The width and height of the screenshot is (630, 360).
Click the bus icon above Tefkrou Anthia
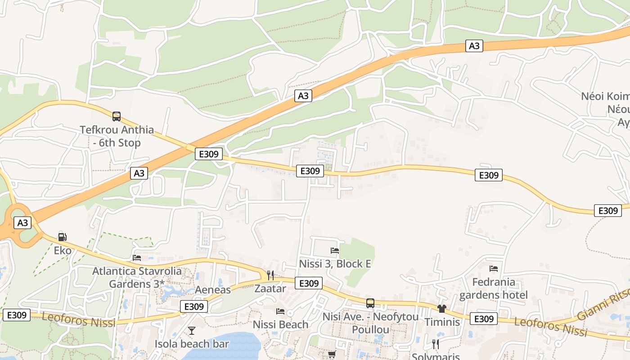click(x=117, y=117)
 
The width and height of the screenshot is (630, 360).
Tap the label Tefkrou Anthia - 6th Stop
click(x=117, y=136)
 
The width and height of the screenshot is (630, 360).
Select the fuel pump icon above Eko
click(x=63, y=237)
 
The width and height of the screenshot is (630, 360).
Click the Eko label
click(x=63, y=250)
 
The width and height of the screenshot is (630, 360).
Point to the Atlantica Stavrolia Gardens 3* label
click(x=137, y=278)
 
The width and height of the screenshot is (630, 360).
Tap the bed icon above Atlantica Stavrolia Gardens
click(x=137, y=258)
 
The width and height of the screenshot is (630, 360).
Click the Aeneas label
click(x=212, y=290)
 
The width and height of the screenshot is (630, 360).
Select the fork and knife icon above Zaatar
click(x=270, y=275)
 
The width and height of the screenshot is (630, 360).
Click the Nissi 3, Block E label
click(x=335, y=264)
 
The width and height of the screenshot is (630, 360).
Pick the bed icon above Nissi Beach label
click(x=280, y=311)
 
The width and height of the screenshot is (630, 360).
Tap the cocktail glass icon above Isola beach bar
click(x=192, y=331)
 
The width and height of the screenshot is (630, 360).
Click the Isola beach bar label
click(x=192, y=344)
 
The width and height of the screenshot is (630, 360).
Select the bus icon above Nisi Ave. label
click(x=370, y=303)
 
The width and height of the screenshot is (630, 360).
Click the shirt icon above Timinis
click(x=441, y=309)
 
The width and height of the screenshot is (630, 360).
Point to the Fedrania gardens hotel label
click(x=493, y=288)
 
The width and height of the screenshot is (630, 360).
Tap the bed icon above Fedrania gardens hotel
click(x=494, y=269)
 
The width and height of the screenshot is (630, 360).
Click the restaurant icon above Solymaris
click(x=435, y=344)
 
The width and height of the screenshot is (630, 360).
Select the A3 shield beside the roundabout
click(x=22, y=223)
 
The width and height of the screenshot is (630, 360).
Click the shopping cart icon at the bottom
click(x=332, y=355)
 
